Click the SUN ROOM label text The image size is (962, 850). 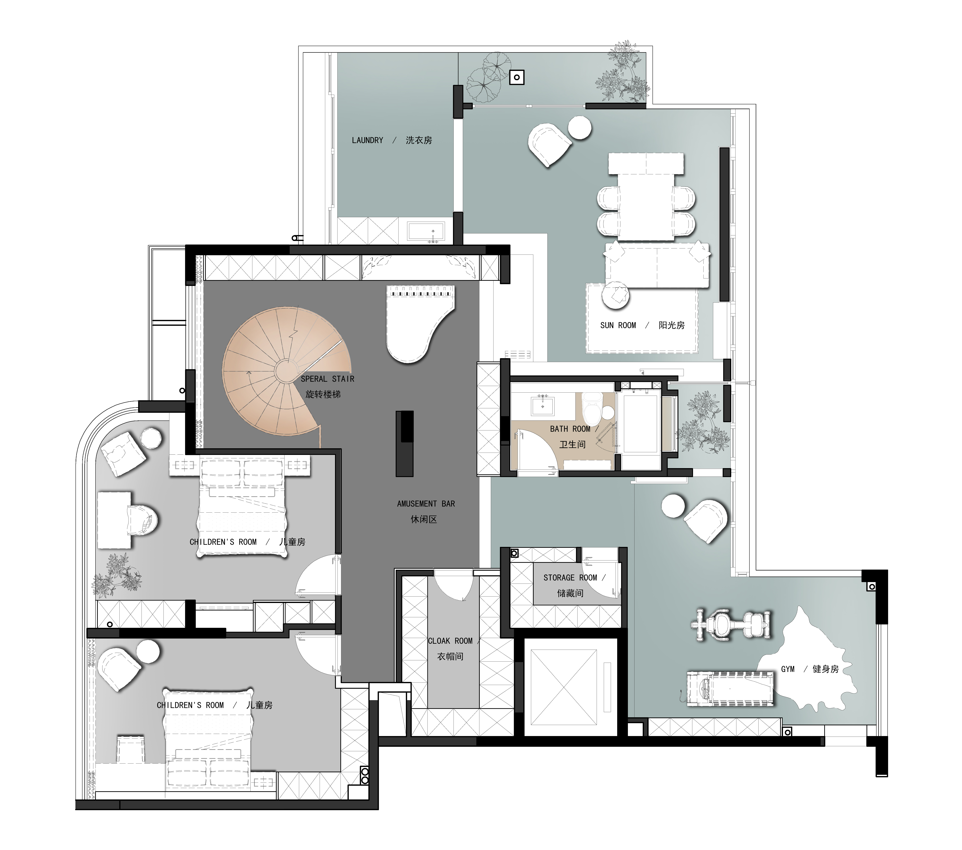[618, 325]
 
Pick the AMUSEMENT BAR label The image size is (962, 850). [426, 504]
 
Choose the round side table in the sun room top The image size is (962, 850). [580, 127]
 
